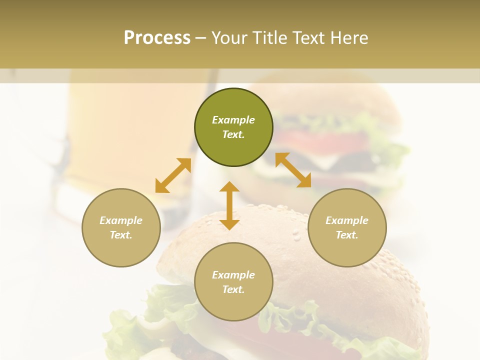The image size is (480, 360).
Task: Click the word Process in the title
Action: pyautogui.click(x=157, y=38)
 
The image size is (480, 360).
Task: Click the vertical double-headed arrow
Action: pyautogui.click(x=229, y=205)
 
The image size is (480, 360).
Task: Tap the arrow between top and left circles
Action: pyautogui.click(x=173, y=175)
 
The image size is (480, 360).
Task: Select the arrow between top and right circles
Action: pyautogui.click(x=293, y=170)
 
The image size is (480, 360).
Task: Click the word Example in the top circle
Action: pyautogui.click(x=233, y=120)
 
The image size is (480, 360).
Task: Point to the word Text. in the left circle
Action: pyautogui.click(x=121, y=235)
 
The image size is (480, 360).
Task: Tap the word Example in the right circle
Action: pyautogui.click(x=347, y=220)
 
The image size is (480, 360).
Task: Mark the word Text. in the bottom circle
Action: pyautogui.click(x=233, y=289)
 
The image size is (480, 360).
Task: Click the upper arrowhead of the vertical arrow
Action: pyautogui.click(x=229, y=187)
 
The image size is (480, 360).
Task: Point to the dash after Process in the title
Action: pyautogui.click(x=200, y=38)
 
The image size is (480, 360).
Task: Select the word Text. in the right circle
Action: pyautogui.click(x=347, y=235)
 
